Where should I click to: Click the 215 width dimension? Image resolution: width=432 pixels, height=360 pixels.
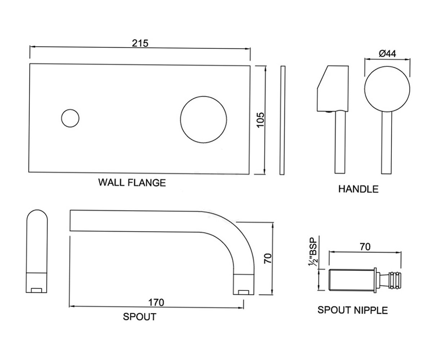(x=140, y=44)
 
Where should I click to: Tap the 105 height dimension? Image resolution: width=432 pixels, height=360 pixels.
(x=261, y=120)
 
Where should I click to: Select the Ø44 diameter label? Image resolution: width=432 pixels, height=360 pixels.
(x=387, y=54)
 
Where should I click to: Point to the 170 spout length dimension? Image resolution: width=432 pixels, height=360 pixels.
(x=156, y=302)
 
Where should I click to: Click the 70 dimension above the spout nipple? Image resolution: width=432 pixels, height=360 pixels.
(x=365, y=247)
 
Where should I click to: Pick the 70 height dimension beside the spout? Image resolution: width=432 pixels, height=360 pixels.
(x=268, y=258)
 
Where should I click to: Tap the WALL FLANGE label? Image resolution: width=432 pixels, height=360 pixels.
(x=132, y=183)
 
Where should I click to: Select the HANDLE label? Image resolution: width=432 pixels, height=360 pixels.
(x=358, y=189)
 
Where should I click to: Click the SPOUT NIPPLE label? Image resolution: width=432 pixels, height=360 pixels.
(x=352, y=310)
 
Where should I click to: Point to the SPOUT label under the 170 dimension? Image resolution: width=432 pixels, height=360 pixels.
(x=140, y=316)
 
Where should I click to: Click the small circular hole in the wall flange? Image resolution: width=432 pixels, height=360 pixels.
(x=70, y=118)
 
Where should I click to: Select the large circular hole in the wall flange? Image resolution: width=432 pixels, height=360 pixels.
(x=203, y=120)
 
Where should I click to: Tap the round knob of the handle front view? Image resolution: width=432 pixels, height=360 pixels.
(x=387, y=89)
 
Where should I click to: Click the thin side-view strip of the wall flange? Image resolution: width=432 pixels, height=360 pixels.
(x=282, y=120)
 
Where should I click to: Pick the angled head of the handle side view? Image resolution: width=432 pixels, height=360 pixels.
(x=333, y=89)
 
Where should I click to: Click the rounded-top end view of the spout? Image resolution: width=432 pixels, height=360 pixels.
(x=37, y=251)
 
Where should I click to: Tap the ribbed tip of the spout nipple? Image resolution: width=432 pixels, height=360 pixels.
(x=395, y=280)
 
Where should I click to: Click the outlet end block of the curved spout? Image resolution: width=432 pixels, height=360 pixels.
(x=243, y=284)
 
